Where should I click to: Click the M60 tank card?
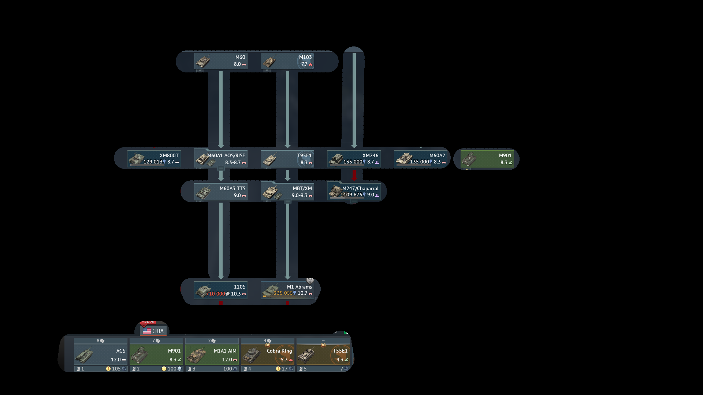pyautogui.click(x=221, y=61)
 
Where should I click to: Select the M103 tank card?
pyautogui.click(x=287, y=61)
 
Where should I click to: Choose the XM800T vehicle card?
pyautogui.click(x=154, y=159)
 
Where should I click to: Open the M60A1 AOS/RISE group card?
pyautogui.click(x=221, y=159)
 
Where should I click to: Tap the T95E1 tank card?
pyautogui.click(x=287, y=159)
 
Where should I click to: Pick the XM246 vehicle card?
pyautogui.click(x=354, y=159)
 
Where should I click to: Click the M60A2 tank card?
pyautogui.click(x=421, y=159)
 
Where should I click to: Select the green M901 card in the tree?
pyautogui.click(x=487, y=159)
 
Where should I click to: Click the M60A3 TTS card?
pyautogui.click(x=221, y=192)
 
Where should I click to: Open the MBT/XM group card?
pyautogui.click(x=287, y=192)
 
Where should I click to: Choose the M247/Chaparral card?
pyautogui.click(x=354, y=192)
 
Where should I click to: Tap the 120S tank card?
pyautogui.click(x=221, y=290)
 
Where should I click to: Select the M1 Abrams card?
pyautogui.click(x=287, y=290)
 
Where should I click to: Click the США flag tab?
pyautogui.click(x=153, y=331)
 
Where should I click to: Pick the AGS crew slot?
pyautogui.click(x=101, y=355)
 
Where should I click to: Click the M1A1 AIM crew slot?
pyautogui.click(x=212, y=355)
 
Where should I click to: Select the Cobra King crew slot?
pyautogui.click(x=268, y=355)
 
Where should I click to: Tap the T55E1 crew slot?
pyautogui.click(x=323, y=355)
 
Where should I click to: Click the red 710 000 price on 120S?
pyautogui.click(x=215, y=294)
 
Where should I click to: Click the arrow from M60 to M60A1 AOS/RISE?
pyautogui.click(x=221, y=110)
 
